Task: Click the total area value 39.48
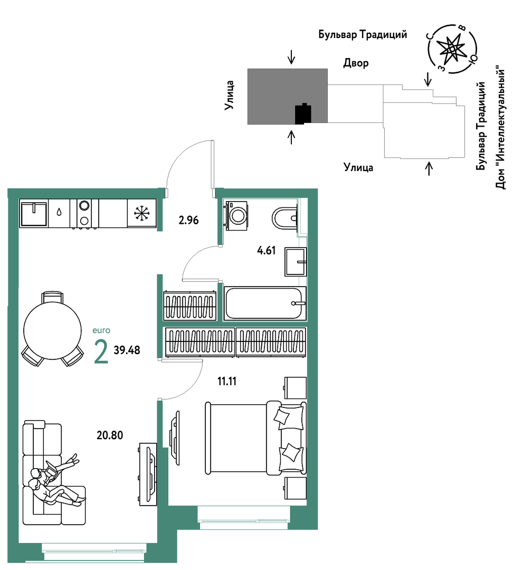127,350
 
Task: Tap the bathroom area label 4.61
267,251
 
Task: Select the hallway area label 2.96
188,220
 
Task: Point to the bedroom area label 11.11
227,382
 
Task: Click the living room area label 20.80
110,435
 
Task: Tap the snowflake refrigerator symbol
141,213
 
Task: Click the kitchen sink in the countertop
34,213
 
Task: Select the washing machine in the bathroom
236,215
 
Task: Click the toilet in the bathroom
285,218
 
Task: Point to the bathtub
265,303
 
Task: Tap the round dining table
52,330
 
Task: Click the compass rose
452,49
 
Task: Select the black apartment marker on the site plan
303,114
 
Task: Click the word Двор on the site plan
356,63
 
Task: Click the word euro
101,330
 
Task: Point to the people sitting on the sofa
55,480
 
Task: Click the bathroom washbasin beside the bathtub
296,262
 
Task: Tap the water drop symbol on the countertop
59,212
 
